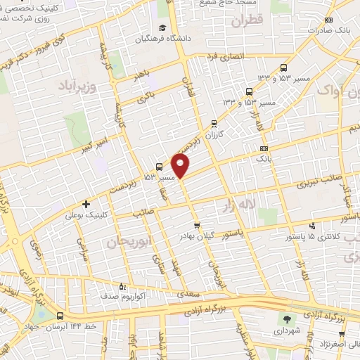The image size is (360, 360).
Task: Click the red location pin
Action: (181, 165)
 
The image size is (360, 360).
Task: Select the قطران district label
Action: (245, 21)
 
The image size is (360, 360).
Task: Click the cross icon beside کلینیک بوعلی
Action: (86, 204)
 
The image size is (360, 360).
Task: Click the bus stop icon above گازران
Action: (214, 123)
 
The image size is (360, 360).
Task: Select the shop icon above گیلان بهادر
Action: (197, 226)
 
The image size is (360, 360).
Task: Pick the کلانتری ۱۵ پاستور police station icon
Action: (313, 226)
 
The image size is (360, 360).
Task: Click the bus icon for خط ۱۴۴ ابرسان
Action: (60, 316)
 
